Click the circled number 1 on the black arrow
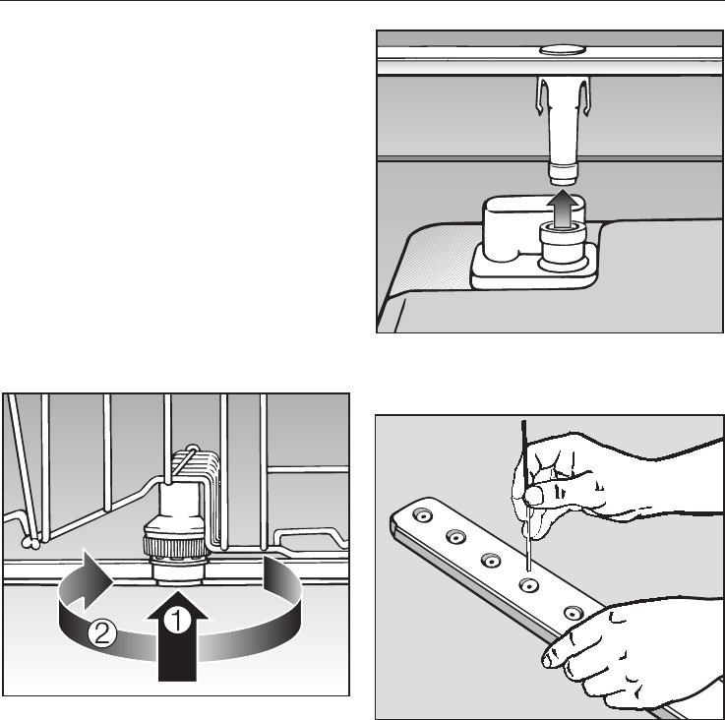pyautogui.click(x=177, y=620)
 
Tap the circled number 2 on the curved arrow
pyautogui.click(x=102, y=633)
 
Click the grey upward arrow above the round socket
pyautogui.click(x=563, y=210)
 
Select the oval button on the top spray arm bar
pyautogui.click(x=563, y=49)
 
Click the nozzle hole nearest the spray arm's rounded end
pyautogui.click(x=423, y=514)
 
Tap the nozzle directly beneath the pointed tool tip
pyautogui.click(x=529, y=585)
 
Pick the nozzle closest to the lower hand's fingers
pyautogui.click(x=574, y=613)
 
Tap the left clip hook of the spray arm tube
pyautogui.click(x=541, y=95)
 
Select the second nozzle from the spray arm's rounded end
pyautogui.click(x=455, y=537)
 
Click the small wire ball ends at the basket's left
pyautogui.click(x=31, y=543)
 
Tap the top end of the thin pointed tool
pyautogui.click(x=524, y=421)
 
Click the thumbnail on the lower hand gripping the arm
pyautogui.click(x=549, y=657)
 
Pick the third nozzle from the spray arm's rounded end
pyautogui.click(x=491, y=561)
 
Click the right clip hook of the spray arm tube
pyautogui.click(x=585, y=96)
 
